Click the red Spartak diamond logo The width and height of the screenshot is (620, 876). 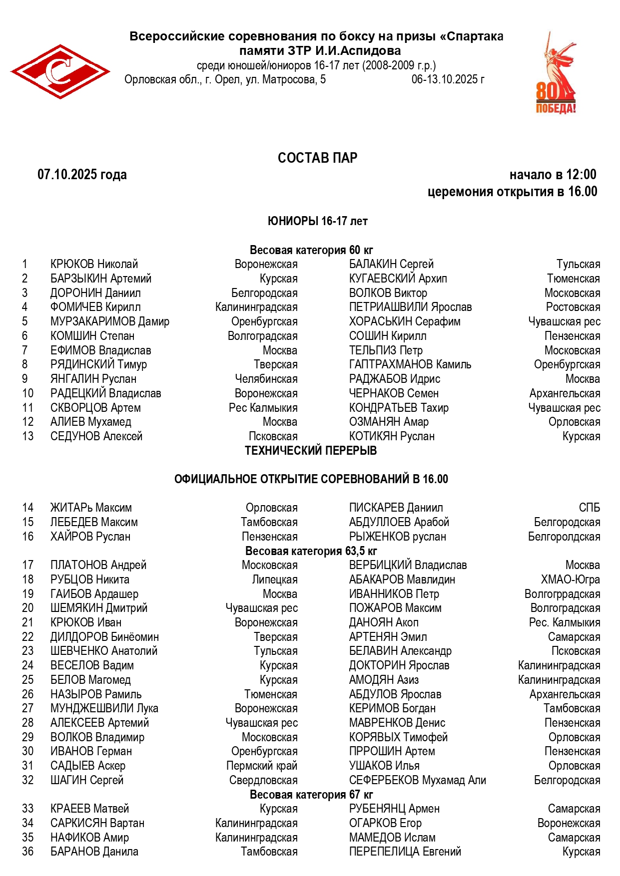tap(60, 71)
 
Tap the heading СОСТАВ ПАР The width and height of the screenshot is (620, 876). tap(317, 158)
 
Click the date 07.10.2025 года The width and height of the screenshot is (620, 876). tap(82, 175)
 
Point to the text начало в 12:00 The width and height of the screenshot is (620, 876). tap(553, 175)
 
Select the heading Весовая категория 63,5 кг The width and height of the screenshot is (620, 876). tap(311, 551)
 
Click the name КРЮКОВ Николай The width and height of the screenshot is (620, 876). tap(94, 264)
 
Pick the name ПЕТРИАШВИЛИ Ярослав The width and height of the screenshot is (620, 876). tap(410, 307)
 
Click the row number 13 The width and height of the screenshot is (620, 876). tap(28, 436)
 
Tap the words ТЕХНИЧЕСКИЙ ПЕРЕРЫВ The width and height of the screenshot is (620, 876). tap(311, 451)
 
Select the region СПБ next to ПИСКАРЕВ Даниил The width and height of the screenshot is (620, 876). tap(589, 508)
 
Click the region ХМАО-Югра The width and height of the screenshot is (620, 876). tap(570, 580)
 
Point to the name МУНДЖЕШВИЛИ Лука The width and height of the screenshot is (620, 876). tap(104, 708)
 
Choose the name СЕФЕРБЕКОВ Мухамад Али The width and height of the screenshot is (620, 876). tap(417, 780)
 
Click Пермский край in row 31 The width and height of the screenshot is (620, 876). tap(262, 766)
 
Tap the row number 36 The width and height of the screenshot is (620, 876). tap(28, 852)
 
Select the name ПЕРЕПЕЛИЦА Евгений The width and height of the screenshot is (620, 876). tap(405, 852)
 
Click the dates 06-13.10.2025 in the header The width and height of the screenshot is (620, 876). tap(448, 79)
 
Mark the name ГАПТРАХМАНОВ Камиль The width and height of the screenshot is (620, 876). tap(410, 364)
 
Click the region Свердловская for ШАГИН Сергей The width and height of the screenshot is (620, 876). tap(263, 780)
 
